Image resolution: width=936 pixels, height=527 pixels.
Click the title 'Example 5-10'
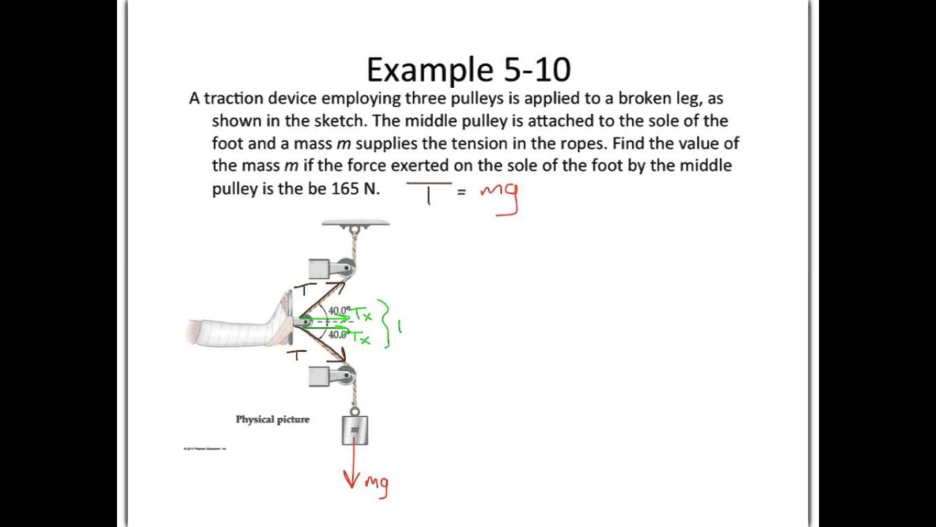click(468, 70)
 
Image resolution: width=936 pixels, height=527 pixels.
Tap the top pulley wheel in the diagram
click(347, 267)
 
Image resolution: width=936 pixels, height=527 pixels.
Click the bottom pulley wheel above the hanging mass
click(347, 376)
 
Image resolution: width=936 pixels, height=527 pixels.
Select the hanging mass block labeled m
click(355, 430)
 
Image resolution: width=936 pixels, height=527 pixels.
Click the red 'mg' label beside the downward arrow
click(377, 484)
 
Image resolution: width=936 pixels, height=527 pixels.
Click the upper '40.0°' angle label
click(339, 311)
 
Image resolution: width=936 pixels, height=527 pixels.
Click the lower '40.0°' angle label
click(338, 334)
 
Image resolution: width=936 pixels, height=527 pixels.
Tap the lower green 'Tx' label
click(361, 339)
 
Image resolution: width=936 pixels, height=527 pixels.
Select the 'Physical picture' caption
click(272, 419)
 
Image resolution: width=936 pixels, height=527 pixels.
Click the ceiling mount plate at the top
click(355, 223)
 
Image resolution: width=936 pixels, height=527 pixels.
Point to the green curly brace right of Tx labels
click(383, 323)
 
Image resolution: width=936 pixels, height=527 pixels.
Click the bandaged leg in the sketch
click(234, 331)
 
